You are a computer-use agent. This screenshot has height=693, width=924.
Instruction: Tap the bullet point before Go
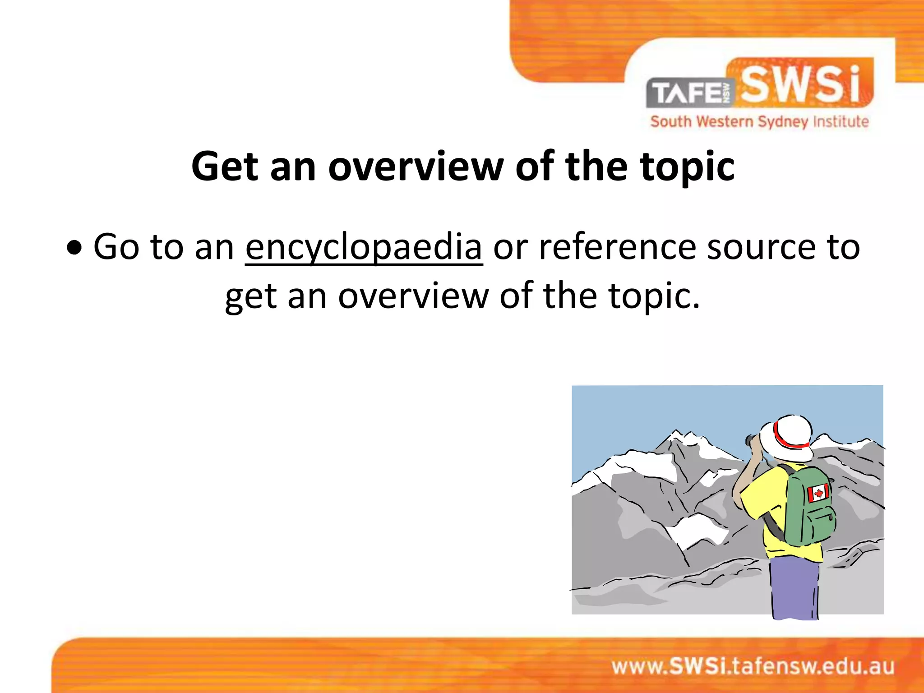point(74,248)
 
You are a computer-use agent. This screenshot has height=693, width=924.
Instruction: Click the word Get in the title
point(225,167)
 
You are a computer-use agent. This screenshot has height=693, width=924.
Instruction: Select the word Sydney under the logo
point(783,122)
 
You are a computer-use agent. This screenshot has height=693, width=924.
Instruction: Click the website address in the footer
point(753,666)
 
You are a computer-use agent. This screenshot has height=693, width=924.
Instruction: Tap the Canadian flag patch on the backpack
point(818,493)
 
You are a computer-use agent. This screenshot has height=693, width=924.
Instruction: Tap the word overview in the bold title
point(416,167)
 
